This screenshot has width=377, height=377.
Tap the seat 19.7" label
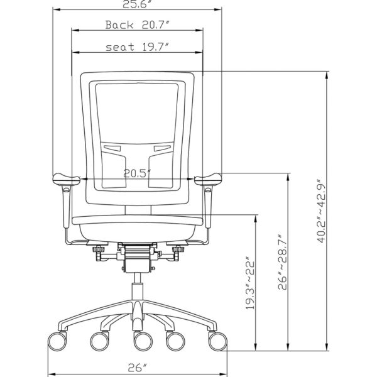coord(136,47)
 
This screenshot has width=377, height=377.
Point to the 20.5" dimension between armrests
coord(137,173)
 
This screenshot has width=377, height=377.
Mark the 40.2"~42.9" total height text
coord(322,210)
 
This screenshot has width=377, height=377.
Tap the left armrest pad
coord(64,180)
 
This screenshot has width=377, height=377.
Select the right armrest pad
coord(209,180)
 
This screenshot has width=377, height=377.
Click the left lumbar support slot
coord(112,149)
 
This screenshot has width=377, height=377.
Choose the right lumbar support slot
coord(162,149)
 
